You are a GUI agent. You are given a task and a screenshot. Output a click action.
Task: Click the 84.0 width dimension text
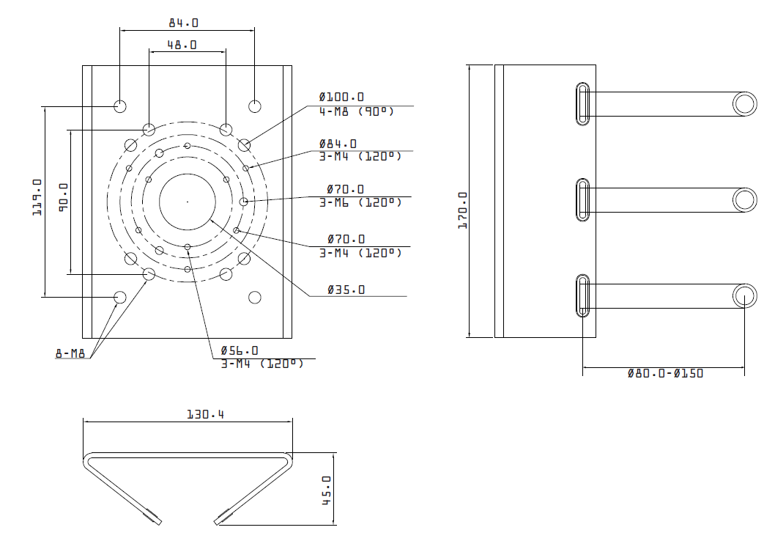click(x=183, y=23)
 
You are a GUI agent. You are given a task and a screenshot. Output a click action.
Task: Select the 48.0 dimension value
click(x=182, y=45)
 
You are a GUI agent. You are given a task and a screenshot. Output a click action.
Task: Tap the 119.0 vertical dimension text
click(x=37, y=196)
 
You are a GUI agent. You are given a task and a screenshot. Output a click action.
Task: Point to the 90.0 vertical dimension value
click(x=63, y=197)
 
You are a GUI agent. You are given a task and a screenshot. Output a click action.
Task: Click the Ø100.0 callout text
click(x=341, y=97)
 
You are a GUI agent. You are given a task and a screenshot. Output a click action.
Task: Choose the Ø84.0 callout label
click(x=338, y=144)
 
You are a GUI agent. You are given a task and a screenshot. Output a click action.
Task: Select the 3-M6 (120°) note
click(x=360, y=202)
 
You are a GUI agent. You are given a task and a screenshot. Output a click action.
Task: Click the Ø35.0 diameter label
click(x=346, y=290)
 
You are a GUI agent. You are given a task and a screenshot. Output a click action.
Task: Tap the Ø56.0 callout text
click(x=240, y=350)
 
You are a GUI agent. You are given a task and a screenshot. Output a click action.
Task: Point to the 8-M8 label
click(x=70, y=353)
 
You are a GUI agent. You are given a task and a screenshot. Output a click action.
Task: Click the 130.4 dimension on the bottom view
click(x=205, y=414)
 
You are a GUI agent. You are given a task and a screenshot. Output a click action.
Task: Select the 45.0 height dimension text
click(x=327, y=490)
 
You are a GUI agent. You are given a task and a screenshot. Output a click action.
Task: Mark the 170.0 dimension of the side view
click(x=463, y=210)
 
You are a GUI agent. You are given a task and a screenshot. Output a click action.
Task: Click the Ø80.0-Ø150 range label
click(x=665, y=373)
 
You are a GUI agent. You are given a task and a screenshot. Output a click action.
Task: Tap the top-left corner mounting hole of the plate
click(x=120, y=106)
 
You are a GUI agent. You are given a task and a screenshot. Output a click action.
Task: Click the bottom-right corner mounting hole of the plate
click(x=254, y=297)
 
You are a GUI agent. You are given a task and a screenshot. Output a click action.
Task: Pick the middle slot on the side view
click(x=583, y=200)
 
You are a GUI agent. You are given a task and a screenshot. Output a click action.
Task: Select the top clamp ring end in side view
click(x=744, y=104)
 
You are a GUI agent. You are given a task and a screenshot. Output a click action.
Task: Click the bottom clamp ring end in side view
click(x=744, y=295)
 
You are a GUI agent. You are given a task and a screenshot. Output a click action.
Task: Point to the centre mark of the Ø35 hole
click(x=188, y=202)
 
